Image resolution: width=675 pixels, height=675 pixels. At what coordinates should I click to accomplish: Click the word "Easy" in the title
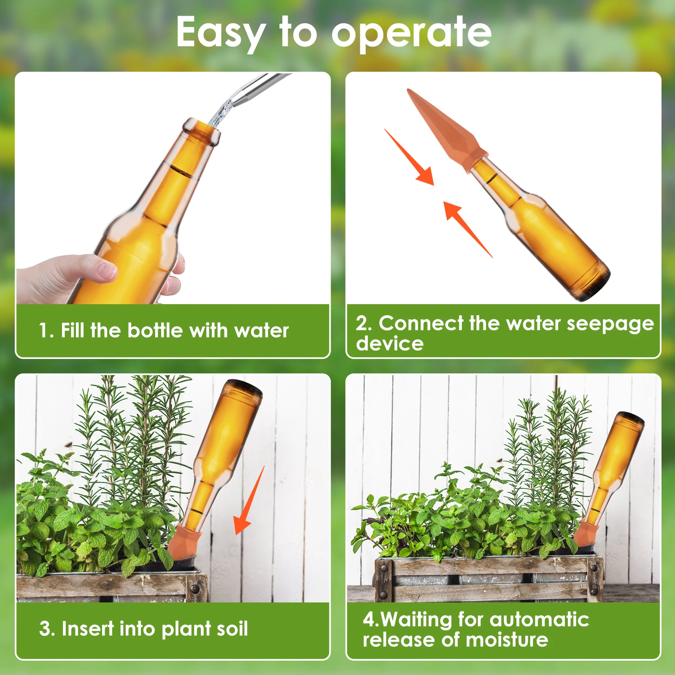[x=220, y=33]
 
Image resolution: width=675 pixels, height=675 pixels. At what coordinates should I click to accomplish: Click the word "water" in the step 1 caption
[x=262, y=330]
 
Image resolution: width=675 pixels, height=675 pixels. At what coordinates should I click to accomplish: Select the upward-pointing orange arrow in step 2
[x=466, y=228]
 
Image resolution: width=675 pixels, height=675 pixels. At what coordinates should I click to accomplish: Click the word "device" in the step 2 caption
[x=389, y=344]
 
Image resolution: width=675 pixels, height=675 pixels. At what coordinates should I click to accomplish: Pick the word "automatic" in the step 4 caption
[x=539, y=620]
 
